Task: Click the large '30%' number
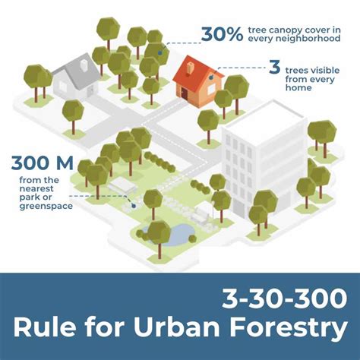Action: click(221, 33)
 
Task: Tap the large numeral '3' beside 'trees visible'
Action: click(275, 68)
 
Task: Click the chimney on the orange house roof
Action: click(190, 62)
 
